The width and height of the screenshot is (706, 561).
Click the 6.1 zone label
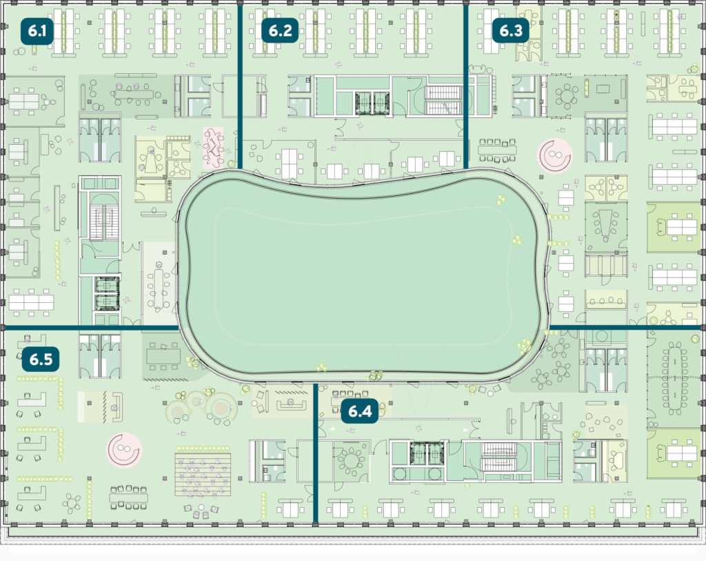coord(37,31)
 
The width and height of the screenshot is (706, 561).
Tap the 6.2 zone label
coord(280,30)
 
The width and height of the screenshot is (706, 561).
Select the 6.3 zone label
coord(511,30)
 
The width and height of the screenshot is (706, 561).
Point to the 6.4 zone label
coord(360,411)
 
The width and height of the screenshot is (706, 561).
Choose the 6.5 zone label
coord(41,359)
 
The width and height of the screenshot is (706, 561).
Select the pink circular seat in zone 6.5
coord(124,450)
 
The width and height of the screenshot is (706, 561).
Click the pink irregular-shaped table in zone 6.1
coord(213,148)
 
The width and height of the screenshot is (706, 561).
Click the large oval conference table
coord(674,377)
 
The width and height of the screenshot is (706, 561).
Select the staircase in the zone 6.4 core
coord(498,457)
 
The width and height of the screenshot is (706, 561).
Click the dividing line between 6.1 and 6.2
coord(240,86)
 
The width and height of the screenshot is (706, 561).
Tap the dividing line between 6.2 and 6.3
coord(465,86)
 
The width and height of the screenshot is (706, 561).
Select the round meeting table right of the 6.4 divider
coord(351,460)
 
